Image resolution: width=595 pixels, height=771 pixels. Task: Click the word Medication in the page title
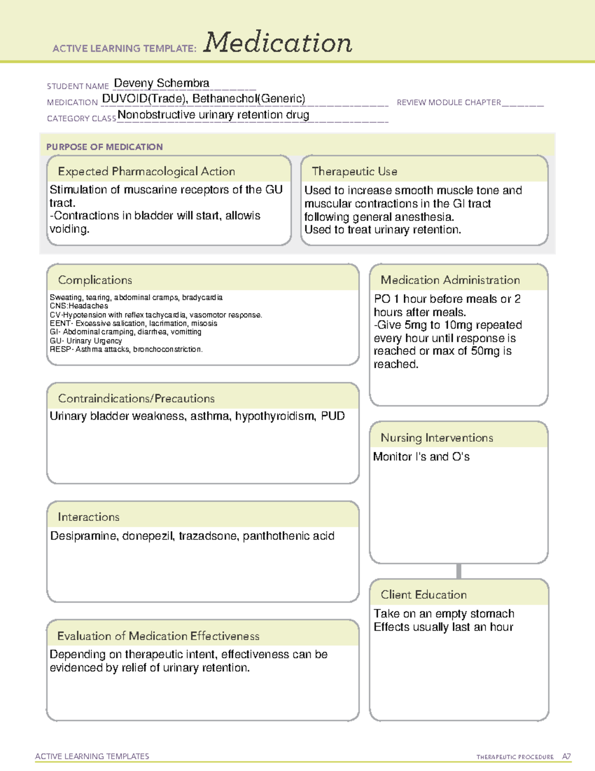click(x=277, y=43)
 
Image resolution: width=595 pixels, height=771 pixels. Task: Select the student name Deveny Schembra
click(x=162, y=83)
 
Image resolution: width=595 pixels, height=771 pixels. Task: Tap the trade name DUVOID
click(x=124, y=99)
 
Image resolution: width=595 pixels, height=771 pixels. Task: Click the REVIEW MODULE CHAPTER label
click(x=449, y=103)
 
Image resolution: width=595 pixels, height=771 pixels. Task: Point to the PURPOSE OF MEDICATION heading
click(x=105, y=147)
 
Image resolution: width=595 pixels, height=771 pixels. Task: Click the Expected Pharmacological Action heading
click(x=146, y=171)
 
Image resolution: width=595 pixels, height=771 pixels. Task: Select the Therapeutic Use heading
click(x=355, y=171)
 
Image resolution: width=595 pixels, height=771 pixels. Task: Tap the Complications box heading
click(x=95, y=280)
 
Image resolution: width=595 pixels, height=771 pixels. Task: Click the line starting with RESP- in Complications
click(x=126, y=350)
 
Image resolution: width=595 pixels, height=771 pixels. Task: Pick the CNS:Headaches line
click(x=79, y=306)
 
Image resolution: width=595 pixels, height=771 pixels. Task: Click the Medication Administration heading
click(x=450, y=280)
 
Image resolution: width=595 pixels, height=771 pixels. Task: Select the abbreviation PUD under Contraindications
click(x=333, y=416)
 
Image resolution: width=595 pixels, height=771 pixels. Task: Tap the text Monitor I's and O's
click(x=421, y=457)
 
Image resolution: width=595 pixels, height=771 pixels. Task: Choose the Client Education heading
click(x=424, y=595)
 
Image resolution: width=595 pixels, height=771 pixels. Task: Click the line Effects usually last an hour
click(x=443, y=627)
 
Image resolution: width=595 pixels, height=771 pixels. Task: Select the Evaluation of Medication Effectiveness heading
click(x=158, y=636)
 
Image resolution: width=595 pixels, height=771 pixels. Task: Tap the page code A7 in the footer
click(x=566, y=757)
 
